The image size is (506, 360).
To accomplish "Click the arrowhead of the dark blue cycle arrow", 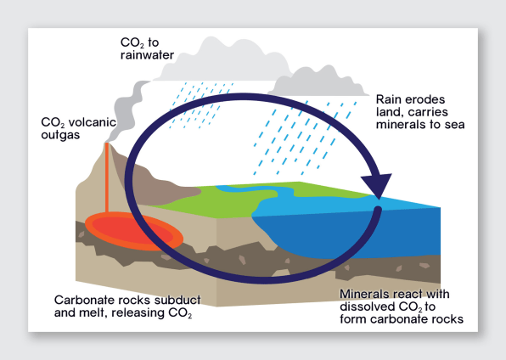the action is pos(378,185).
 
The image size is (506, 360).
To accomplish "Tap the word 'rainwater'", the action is pos(147,55).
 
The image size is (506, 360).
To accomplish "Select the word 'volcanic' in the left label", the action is pos(93,122).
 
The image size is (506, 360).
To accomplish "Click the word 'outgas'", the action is pos(60,135).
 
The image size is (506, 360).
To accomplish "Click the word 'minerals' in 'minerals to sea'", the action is pos(398,124).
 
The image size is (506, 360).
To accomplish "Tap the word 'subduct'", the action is pos(177,300).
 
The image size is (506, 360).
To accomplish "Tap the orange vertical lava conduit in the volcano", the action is pos(107,177).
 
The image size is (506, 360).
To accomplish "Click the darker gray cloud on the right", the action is pos(318,82).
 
